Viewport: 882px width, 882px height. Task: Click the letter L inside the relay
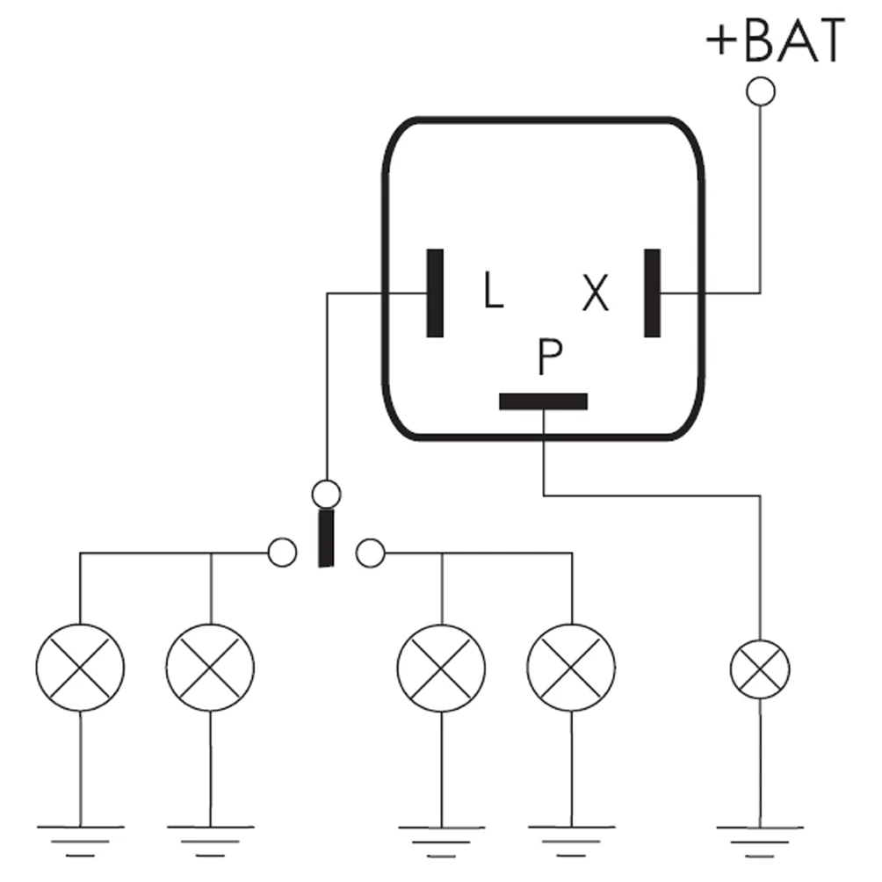(493, 290)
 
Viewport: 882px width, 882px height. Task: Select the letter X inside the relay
(596, 294)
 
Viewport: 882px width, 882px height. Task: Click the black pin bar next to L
(434, 293)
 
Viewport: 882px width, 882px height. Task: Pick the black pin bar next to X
(652, 293)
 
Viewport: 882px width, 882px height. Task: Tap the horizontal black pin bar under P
(543, 401)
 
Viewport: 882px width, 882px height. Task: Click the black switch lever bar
(326, 538)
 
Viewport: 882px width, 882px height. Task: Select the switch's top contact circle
(326, 493)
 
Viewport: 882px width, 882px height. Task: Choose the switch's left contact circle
(282, 553)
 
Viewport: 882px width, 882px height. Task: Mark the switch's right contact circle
(371, 553)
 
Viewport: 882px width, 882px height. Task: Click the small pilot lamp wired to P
(760, 669)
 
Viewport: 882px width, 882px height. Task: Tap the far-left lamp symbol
(80, 667)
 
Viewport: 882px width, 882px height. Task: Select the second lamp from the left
(210, 667)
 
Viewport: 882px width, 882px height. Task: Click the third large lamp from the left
(441, 667)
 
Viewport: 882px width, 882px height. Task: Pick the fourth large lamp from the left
(572, 667)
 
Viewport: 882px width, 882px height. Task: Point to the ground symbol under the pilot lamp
(760, 839)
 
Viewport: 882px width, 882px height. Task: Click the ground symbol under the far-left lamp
(80, 839)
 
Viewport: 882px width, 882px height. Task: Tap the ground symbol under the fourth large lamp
(572, 839)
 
